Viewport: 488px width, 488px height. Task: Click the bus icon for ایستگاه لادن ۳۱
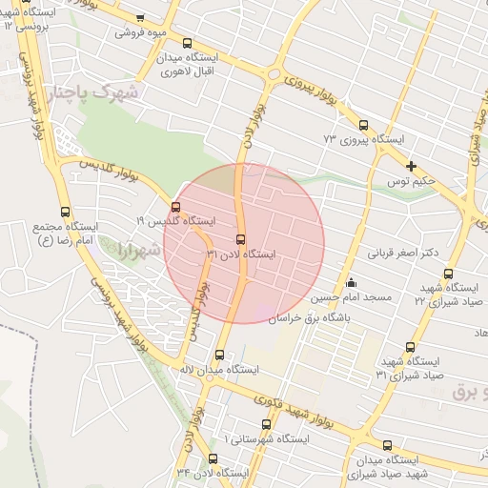click(239, 240)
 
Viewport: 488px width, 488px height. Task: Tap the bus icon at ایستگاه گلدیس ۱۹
click(175, 207)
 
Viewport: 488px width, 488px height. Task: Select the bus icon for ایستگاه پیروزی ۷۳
click(363, 125)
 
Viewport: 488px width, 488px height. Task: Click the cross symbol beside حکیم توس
click(411, 166)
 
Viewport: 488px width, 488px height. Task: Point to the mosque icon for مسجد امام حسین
click(351, 282)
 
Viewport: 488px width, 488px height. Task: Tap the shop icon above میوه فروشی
click(141, 18)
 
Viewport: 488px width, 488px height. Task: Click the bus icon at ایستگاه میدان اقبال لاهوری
click(187, 43)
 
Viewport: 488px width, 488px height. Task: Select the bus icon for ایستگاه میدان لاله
click(220, 355)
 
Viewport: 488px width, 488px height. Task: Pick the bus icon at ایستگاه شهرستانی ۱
click(266, 424)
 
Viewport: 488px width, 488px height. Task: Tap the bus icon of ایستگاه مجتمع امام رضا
click(65, 212)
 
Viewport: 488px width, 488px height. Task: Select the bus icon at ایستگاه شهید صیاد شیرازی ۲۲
click(449, 274)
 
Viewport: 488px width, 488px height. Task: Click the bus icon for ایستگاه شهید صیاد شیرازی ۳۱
click(411, 347)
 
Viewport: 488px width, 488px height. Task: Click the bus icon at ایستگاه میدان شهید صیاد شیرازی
click(387, 445)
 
